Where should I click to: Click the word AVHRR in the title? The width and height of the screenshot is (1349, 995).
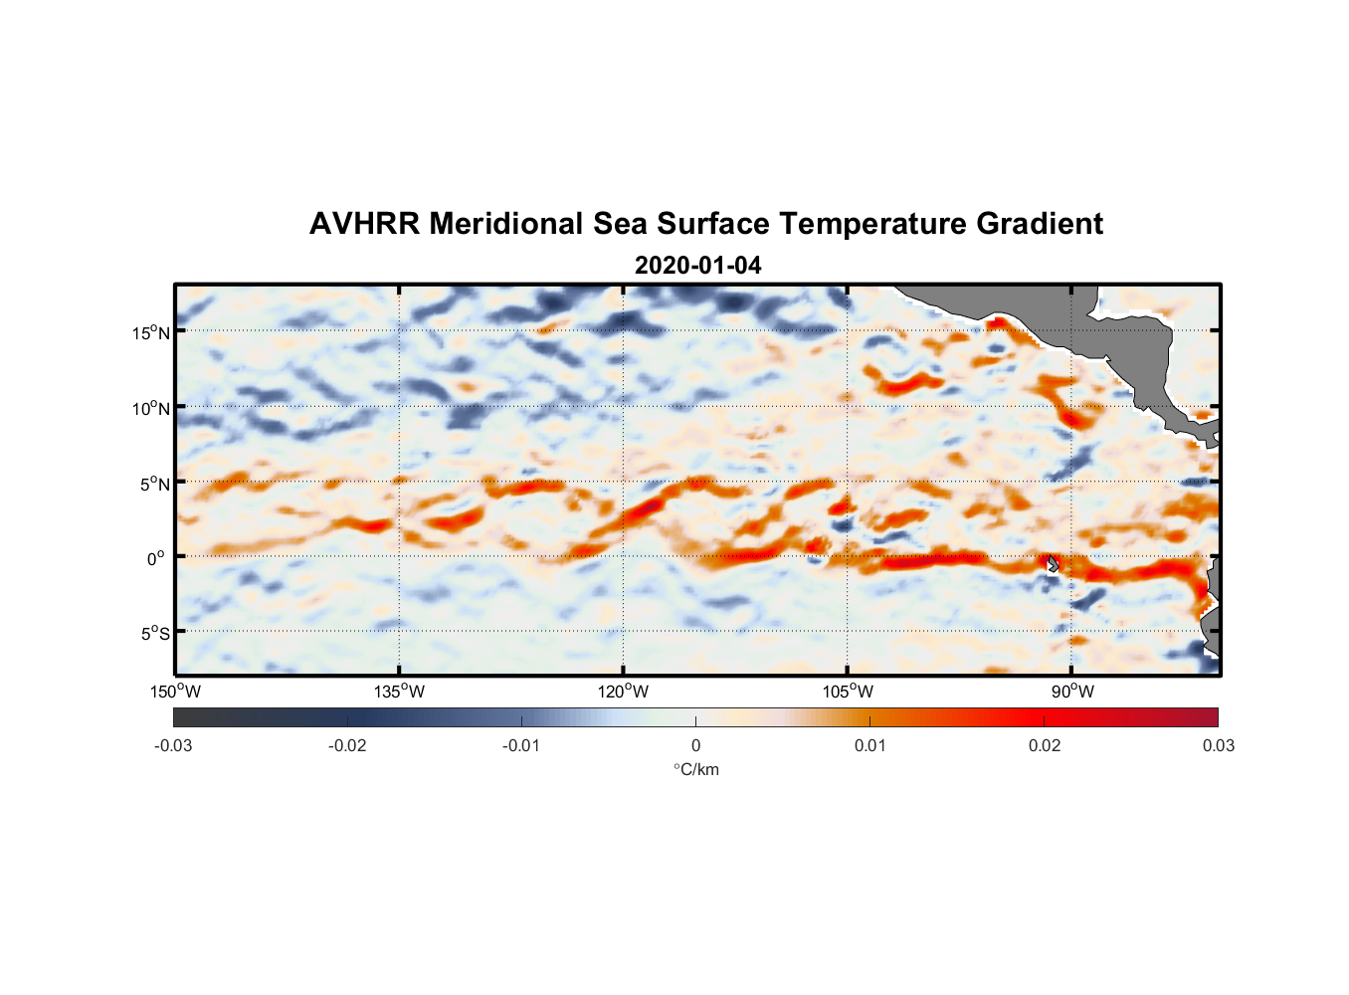coord(364,224)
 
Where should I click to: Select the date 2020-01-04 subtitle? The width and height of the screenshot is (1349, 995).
coord(697,266)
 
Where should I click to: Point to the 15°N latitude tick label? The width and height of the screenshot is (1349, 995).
coord(151,332)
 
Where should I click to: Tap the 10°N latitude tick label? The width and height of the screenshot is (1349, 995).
coord(151,408)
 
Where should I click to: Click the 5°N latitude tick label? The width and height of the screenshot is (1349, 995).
coord(154,484)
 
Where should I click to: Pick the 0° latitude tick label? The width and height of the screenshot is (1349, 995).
coord(157,558)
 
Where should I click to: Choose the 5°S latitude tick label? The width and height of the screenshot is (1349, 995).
coord(154,634)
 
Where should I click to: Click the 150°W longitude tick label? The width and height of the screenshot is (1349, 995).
coord(175,692)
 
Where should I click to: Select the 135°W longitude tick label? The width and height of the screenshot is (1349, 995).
coord(399,692)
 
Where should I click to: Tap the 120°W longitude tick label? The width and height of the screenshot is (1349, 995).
coord(623,692)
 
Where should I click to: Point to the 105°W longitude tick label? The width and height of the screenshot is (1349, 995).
coord(848,692)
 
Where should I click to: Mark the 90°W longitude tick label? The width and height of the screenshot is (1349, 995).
coord(1071,692)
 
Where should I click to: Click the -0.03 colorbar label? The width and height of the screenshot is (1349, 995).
coord(173,745)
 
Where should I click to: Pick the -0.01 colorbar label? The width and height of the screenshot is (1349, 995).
coord(521,745)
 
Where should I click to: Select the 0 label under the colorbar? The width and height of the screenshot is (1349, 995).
coord(695,745)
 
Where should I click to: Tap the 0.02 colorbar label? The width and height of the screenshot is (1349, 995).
coord(1045,745)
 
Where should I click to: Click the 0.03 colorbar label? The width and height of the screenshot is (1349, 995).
coord(1218,745)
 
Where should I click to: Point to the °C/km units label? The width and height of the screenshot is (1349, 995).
coord(695,769)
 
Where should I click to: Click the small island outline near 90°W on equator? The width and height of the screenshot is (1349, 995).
coord(1052,563)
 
